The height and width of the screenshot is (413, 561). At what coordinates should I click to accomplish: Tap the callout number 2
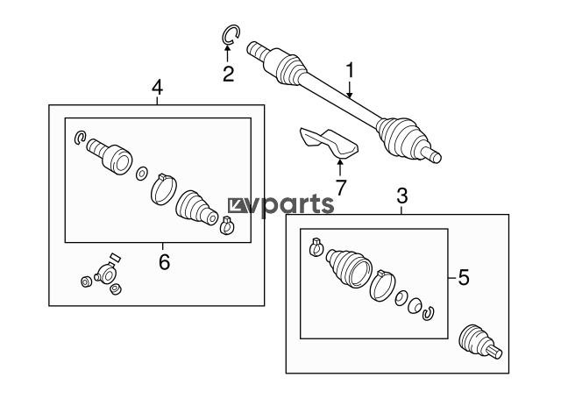pos(228,74)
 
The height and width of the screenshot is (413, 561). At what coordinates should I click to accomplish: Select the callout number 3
pos(402,194)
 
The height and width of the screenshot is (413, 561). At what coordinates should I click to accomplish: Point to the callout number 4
pos(157,87)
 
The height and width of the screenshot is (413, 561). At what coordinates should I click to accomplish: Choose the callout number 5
pos(464,278)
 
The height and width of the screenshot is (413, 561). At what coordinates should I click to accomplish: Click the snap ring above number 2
pos(230,34)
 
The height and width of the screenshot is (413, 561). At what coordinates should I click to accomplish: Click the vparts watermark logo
pos(281,205)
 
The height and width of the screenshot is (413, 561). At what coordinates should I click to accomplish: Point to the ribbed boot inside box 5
pos(347,267)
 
